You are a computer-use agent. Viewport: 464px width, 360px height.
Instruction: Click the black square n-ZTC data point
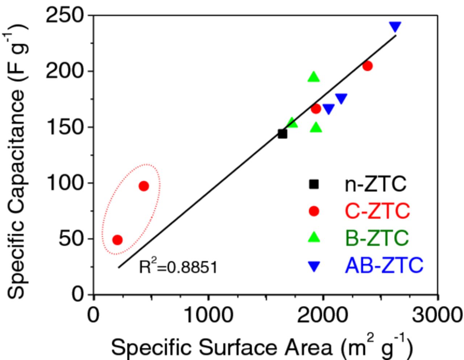[282, 134]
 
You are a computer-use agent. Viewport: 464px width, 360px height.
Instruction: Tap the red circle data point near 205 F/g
[367, 66]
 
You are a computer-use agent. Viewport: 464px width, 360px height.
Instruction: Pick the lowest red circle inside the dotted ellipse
[117, 240]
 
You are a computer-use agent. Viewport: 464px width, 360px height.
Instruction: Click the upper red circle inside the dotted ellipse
[144, 186]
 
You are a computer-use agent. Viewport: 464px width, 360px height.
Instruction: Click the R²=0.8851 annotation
[178, 267]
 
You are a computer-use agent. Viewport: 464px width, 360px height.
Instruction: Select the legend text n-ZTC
[375, 184]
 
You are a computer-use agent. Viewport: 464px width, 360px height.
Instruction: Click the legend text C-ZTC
[377, 211]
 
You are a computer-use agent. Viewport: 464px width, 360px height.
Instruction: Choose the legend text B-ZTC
[377, 238]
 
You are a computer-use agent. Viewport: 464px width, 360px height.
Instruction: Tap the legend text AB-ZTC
[384, 265]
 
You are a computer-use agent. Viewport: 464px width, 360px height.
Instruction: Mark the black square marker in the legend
[314, 184]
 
